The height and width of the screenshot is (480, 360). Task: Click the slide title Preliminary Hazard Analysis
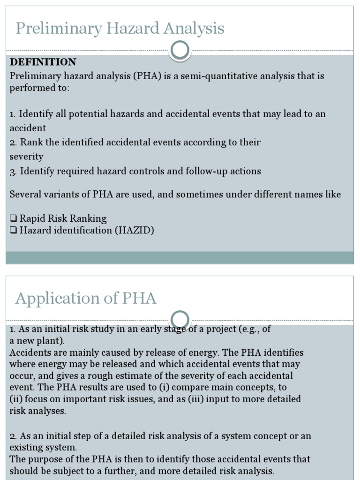pos(120,29)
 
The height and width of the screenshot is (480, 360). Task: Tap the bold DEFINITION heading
pos(43,62)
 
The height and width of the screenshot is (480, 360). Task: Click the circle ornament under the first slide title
pos(180,50)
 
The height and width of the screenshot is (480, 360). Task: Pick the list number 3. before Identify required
pos(13,172)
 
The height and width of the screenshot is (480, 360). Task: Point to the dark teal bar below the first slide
pos(180,257)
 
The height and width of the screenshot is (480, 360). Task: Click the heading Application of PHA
pos(86,298)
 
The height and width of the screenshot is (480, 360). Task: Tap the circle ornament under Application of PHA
pos(180,320)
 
